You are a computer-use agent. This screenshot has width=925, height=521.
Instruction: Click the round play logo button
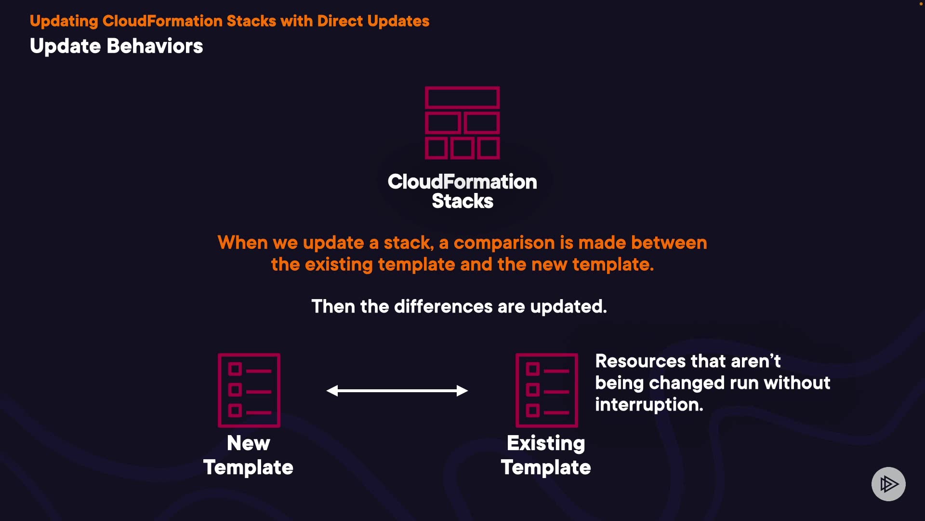tap(888, 484)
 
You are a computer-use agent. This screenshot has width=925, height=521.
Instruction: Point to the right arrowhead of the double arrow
tap(462, 391)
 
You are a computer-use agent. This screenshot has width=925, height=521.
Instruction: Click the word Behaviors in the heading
tap(155, 46)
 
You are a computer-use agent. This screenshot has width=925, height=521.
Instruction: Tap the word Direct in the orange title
tap(340, 21)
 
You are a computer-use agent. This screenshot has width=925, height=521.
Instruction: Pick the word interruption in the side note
tap(649, 405)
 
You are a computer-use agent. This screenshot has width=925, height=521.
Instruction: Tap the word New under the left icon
tap(249, 443)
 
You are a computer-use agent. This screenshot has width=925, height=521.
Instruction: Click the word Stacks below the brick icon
tap(462, 201)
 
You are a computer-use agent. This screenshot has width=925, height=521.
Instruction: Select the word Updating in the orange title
tap(64, 22)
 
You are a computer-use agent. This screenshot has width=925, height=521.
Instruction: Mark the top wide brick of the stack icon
tap(462, 98)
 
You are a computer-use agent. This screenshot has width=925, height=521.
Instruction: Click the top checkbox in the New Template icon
tap(235, 370)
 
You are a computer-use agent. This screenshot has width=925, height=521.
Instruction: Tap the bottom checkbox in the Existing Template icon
tap(532, 411)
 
